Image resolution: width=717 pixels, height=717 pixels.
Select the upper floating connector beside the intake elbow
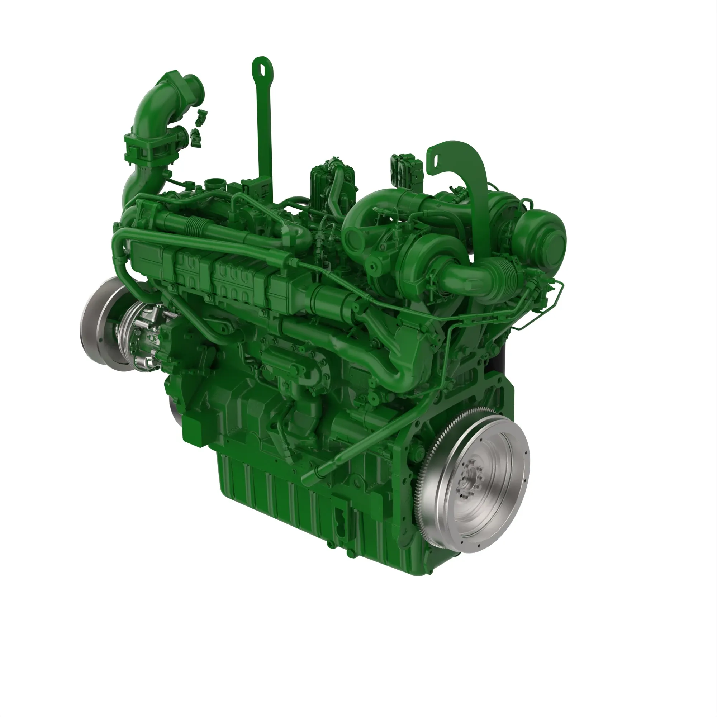(201, 116)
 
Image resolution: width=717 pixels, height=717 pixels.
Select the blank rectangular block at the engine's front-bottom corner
(193, 431)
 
